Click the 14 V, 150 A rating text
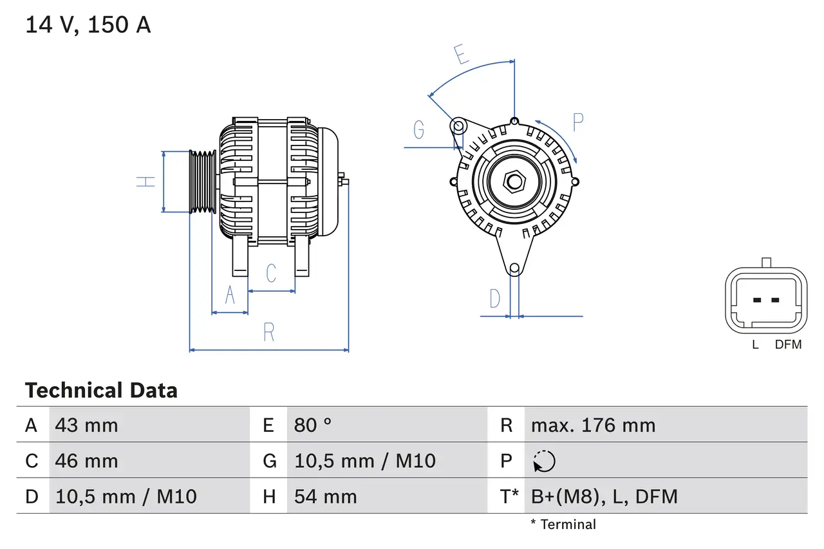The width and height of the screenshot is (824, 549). click(x=88, y=25)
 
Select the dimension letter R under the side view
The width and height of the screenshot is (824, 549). click(x=269, y=332)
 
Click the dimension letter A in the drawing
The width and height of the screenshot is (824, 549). click(x=230, y=295)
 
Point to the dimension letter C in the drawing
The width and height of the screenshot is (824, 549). click(x=271, y=273)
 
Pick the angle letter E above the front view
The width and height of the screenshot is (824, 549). click(x=461, y=55)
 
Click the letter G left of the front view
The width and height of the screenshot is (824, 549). click(x=419, y=130)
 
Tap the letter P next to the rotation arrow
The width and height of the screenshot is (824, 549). click(x=577, y=122)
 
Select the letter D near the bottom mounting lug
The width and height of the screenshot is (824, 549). click(x=494, y=299)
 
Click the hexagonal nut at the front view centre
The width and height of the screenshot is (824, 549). click(x=514, y=181)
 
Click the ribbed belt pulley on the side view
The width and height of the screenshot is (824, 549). click(x=202, y=181)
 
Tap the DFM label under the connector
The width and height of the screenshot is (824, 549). click(x=788, y=345)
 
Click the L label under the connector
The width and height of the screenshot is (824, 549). click(x=755, y=345)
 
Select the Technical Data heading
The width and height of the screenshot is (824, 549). click(x=101, y=390)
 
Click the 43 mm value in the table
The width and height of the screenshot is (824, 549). click(x=86, y=425)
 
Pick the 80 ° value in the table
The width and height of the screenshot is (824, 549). click(x=313, y=425)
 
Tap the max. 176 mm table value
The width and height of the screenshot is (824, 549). click(x=593, y=425)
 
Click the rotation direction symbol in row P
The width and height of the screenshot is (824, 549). click(x=544, y=461)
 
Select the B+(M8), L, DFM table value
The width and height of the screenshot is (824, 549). click(x=604, y=496)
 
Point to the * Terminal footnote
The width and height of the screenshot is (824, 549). click(x=563, y=525)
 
